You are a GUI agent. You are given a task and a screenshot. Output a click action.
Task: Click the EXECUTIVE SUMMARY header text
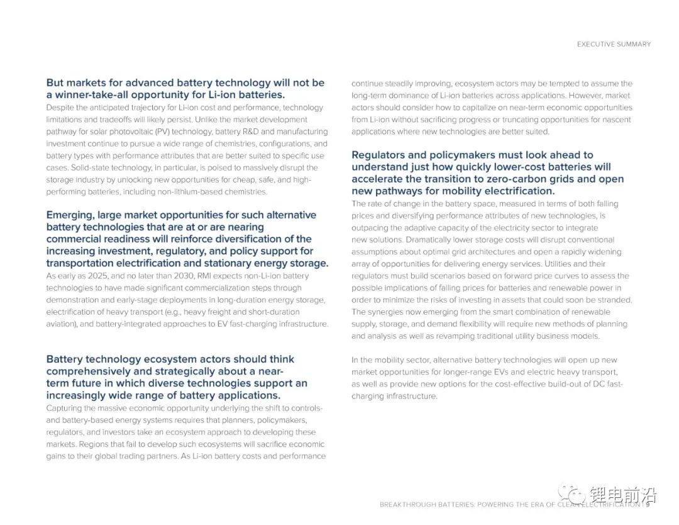[614, 44]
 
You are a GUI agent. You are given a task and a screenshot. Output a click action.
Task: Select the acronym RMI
[205, 276]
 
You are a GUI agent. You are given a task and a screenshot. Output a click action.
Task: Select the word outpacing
[373, 228]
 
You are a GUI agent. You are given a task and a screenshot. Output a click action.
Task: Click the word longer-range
[458, 372]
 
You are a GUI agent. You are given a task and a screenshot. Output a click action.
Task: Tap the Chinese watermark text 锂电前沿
[622, 495]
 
